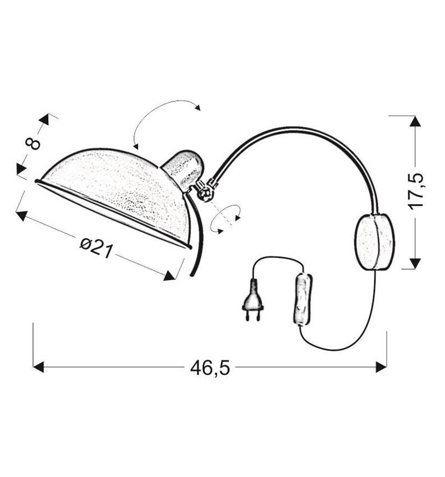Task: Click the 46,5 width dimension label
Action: [209, 368]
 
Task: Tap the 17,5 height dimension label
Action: [415, 192]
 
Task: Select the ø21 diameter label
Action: [97, 247]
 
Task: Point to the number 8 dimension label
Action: [33, 143]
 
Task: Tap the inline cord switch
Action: [302, 300]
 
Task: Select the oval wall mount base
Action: [374, 242]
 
